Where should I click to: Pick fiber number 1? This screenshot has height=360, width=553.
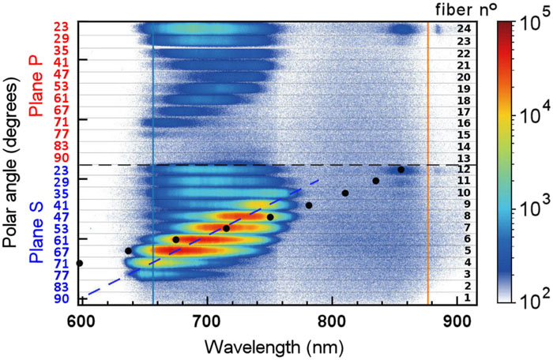pos(467,298)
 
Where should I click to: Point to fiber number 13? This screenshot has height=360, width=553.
pos(465,158)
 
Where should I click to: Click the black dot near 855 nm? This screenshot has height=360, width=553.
pos(401,170)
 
